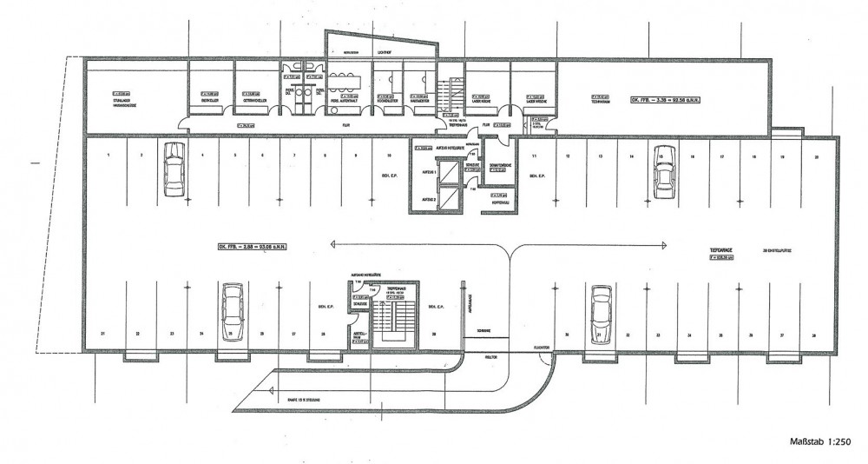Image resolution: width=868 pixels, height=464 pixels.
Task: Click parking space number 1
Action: point(108,156)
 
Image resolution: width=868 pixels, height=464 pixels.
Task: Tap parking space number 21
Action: point(102,334)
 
